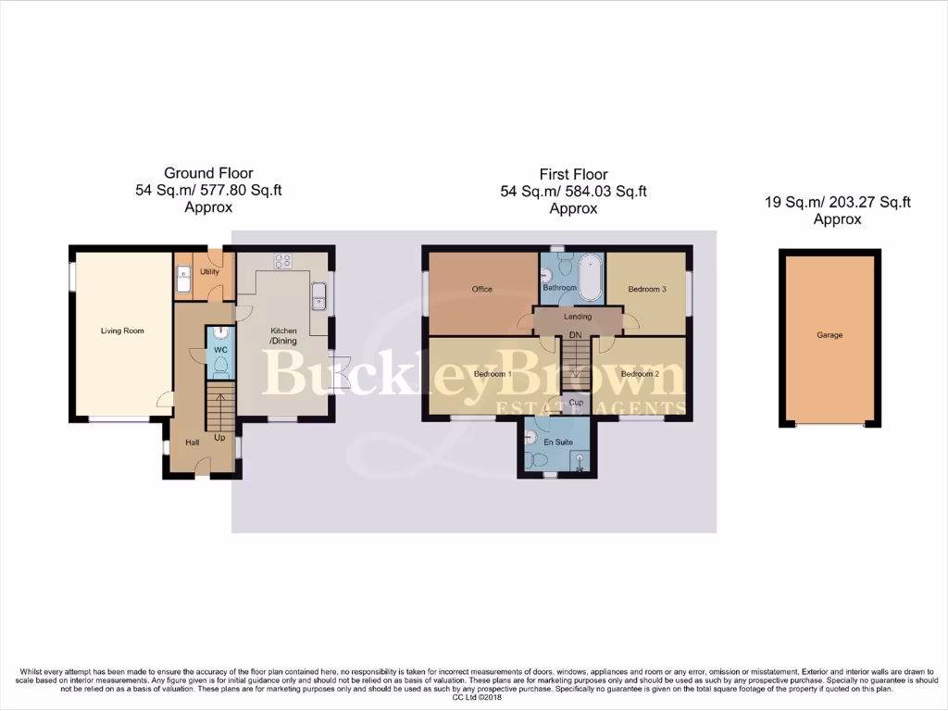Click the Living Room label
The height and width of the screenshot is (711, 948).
(x=122, y=331)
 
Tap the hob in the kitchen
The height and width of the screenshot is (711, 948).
(x=282, y=261)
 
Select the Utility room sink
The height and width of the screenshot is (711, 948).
(x=182, y=278)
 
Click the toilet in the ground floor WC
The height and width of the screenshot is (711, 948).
(x=219, y=366)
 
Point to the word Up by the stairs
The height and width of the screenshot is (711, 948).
(x=219, y=437)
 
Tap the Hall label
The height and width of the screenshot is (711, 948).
(x=192, y=443)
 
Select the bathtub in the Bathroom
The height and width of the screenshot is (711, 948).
(x=589, y=274)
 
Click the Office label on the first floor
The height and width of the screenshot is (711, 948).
(x=481, y=289)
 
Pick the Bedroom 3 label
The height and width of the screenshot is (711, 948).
(x=647, y=289)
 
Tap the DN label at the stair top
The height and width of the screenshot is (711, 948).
(x=575, y=334)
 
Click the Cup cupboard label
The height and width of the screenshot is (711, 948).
(x=575, y=403)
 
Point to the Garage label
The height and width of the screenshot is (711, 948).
(x=829, y=335)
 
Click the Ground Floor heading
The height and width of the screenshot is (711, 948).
(x=208, y=173)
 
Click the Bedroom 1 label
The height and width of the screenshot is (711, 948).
(x=493, y=374)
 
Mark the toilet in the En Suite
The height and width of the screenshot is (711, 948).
(x=533, y=458)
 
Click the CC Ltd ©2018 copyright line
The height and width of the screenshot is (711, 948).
(x=478, y=697)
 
